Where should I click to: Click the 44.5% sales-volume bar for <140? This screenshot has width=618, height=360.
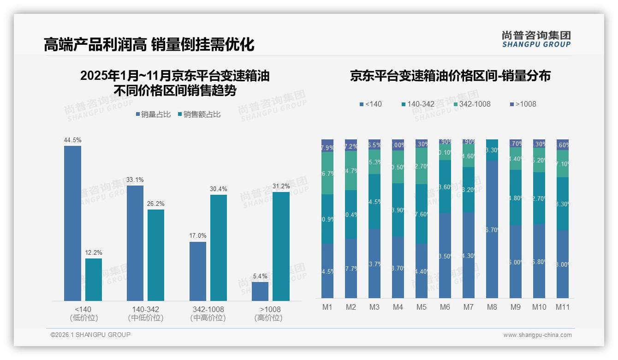click(x=72, y=223)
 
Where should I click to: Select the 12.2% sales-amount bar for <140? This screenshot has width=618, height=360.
click(x=94, y=280)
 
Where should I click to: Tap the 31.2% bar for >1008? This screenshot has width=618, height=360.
click(x=281, y=246)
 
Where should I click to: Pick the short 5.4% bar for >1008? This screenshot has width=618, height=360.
click(x=260, y=291)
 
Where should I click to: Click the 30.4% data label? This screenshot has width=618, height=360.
click(x=219, y=189)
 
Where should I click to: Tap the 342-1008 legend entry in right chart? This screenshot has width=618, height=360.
click(x=471, y=104)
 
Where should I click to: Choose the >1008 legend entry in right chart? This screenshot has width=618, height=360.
click(x=523, y=104)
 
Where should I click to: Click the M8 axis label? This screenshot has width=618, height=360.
click(x=492, y=307)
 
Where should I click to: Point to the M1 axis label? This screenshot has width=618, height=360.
click(x=327, y=307)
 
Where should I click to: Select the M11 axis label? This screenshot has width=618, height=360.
click(x=562, y=307)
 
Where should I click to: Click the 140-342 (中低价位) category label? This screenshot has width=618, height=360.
click(x=146, y=313)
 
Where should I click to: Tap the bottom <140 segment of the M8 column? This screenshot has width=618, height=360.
click(x=492, y=229)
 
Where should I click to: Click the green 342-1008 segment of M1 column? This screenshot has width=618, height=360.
click(x=327, y=173)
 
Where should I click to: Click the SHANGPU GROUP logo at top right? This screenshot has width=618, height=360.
click(x=536, y=39)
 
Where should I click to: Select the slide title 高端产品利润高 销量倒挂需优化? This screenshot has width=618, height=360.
click(x=149, y=45)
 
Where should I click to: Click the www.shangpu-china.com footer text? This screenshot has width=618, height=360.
click(x=537, y=335)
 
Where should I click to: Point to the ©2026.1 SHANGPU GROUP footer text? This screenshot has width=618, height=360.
click(x=90, y=335)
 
